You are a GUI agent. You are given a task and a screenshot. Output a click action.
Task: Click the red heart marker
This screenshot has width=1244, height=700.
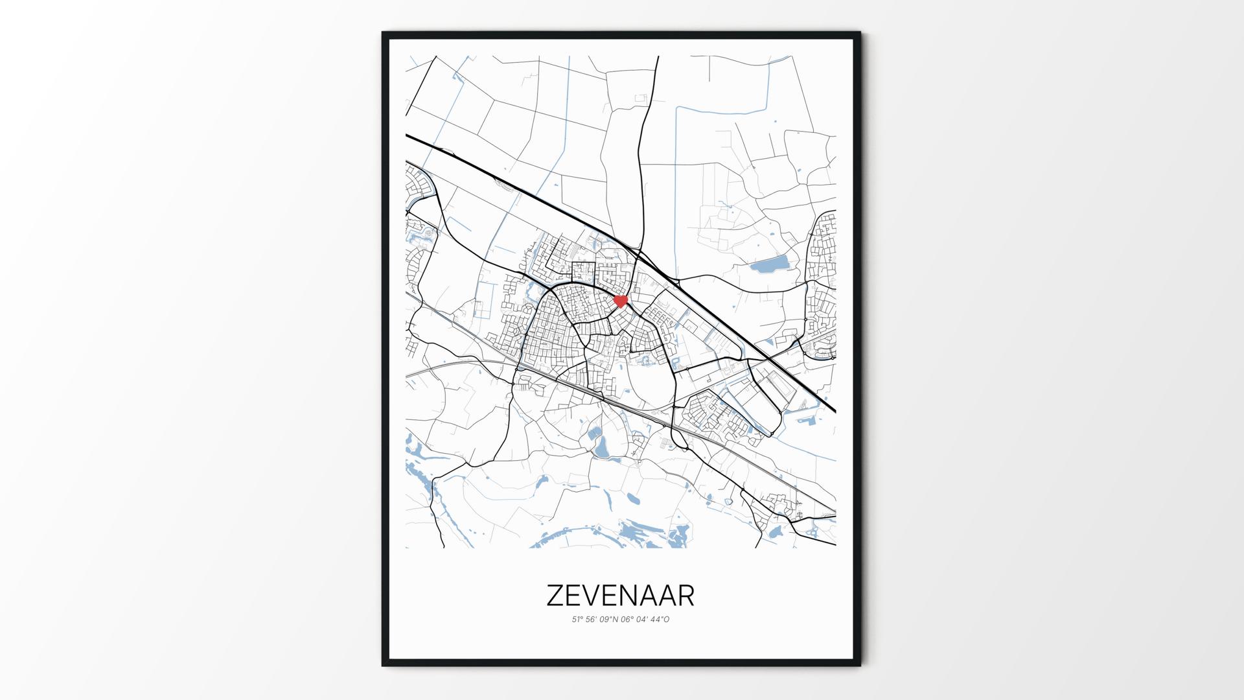pos(621,301)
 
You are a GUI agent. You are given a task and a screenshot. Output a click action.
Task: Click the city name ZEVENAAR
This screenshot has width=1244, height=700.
pos(620,596)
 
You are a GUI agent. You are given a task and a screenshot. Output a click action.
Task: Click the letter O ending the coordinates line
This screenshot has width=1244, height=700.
pos(667,620)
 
